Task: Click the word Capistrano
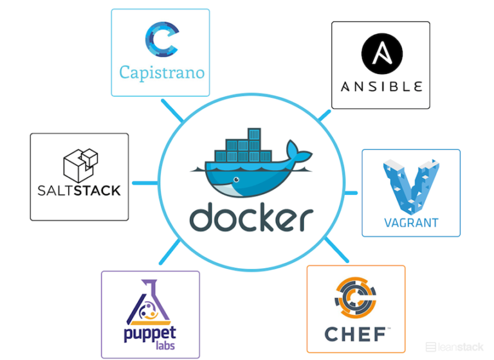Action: pos(161,71)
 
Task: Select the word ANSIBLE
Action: pos(381,86)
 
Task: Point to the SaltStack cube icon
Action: pos(80,164)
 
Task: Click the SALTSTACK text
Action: pos(80,190)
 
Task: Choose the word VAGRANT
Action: pos(411,223)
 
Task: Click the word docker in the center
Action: pos(251,219)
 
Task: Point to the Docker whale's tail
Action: pos(297,154)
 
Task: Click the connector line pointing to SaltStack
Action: pos(144,183)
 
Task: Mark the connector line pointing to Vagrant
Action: pos(351,192)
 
